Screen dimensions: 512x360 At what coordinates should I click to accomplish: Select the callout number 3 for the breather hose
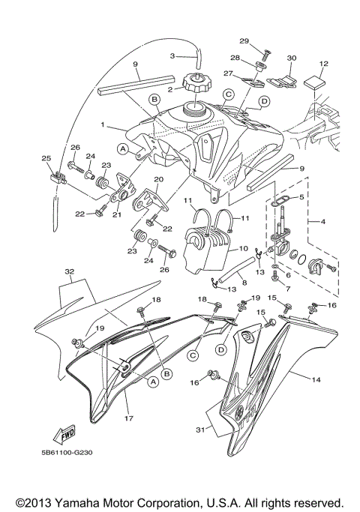pyautogui.click(x=172, y=55)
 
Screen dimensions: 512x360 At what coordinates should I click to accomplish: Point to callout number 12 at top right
pyautogui.click(x=324, y=64)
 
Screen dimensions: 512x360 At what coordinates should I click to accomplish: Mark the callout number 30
pyautogui.click(x=292, y=58)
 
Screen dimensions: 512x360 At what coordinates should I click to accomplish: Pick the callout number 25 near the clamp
pyautogui.click(x=46, y=158)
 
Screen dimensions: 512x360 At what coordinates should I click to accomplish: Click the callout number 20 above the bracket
pyautogui.click(x=158, y=180)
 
